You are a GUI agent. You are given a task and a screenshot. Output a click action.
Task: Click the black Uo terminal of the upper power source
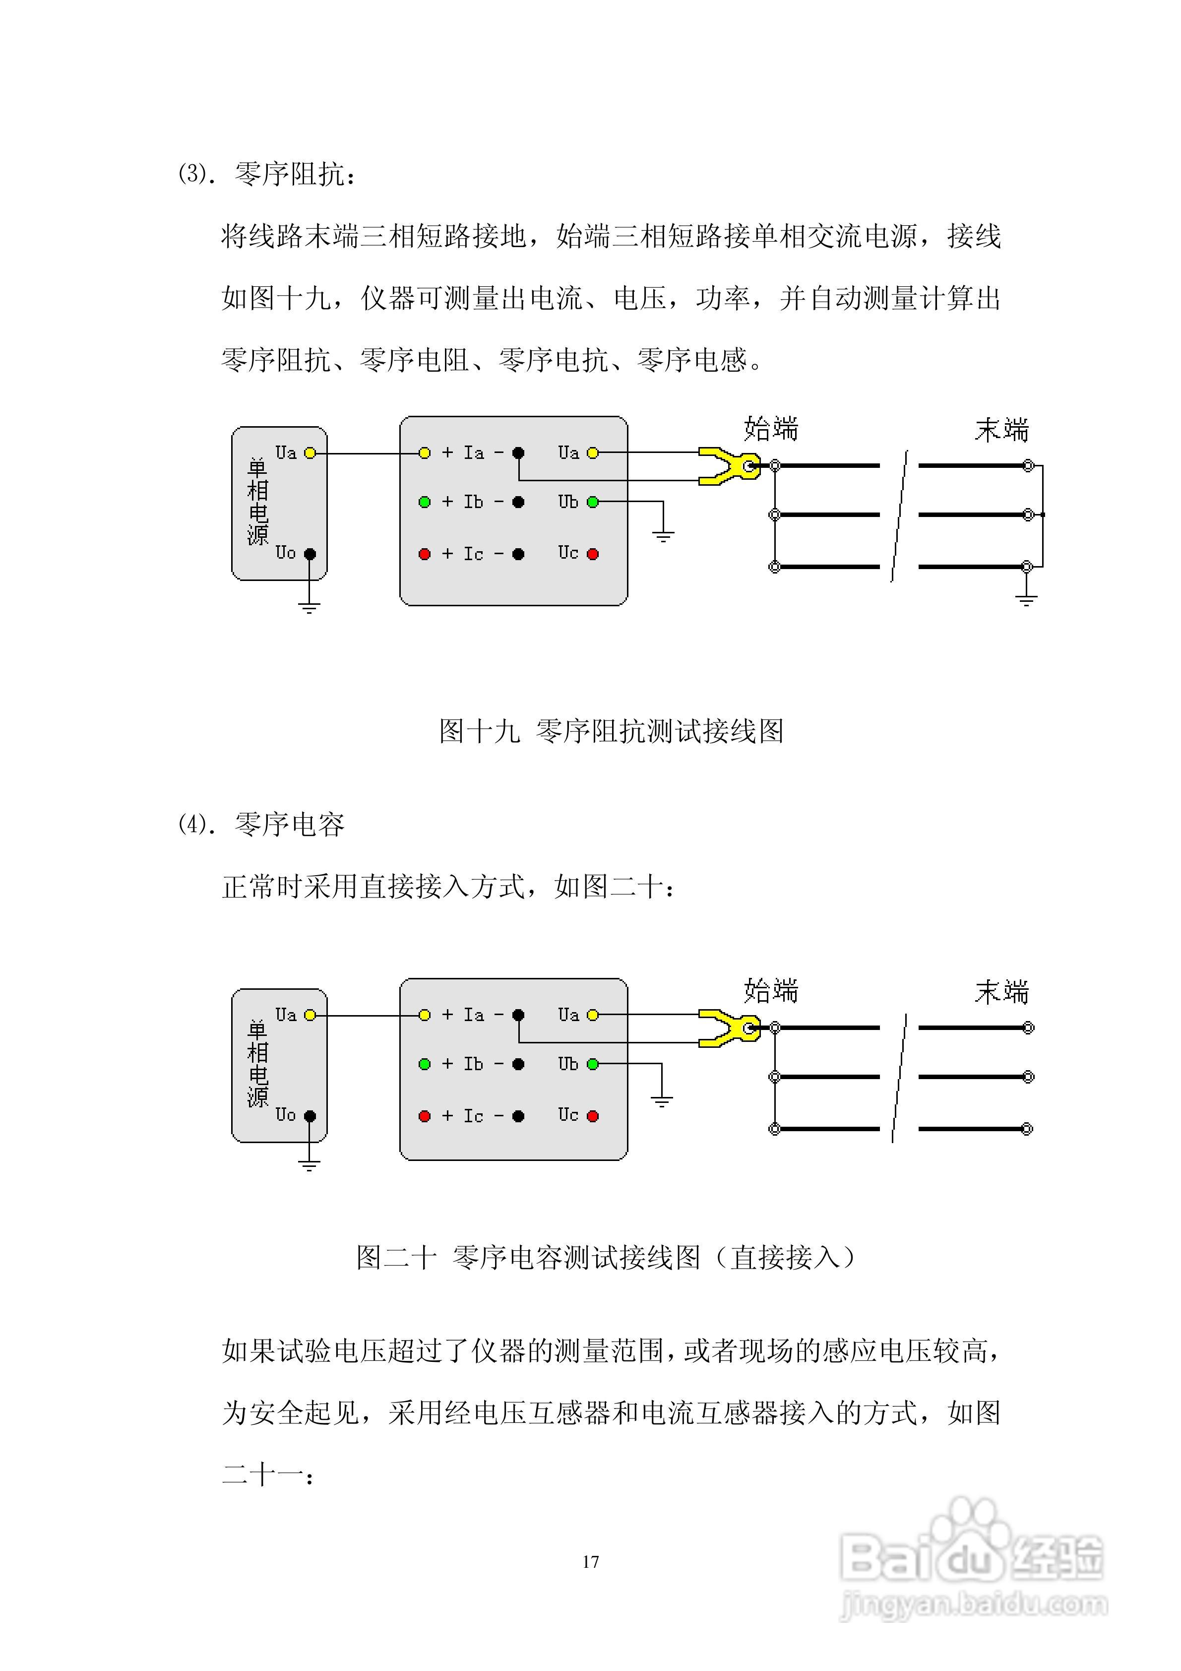tap(310, 554)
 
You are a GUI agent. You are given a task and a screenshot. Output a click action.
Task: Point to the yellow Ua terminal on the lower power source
tap(310, 1015)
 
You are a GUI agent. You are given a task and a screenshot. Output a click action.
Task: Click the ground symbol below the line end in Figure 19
tap(1026, 599)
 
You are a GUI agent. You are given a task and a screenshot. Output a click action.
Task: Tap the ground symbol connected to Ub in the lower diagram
tap(662, 1100)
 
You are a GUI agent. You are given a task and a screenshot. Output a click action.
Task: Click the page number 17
tap(590, 1562)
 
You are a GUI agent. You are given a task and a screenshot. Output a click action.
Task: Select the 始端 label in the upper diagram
tap(771, 429)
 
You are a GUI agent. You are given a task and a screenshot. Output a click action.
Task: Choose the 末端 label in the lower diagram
tap(1001, 992)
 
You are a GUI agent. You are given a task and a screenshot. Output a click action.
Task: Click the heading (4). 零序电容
tap(261, 825)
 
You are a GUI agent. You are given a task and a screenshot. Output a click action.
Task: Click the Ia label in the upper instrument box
tap(474, 452)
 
